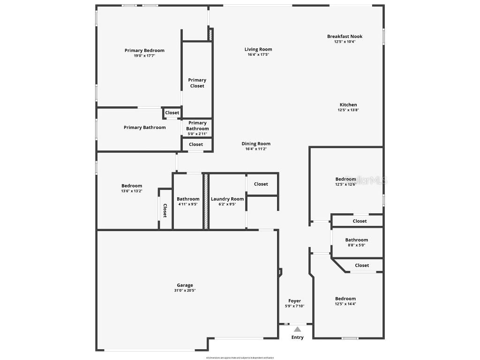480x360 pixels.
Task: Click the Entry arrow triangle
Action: [297, 329]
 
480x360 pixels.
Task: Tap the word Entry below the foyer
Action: [297, 337]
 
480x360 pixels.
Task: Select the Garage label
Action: [185, 285]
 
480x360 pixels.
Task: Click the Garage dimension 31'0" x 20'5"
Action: [185, 291]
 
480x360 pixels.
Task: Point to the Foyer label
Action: [294, 301]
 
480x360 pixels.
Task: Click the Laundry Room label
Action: [227, 199]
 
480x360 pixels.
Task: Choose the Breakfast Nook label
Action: [345, 37]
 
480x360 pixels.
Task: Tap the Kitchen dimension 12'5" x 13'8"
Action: [348, 110]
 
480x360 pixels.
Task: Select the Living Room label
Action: [258, 49]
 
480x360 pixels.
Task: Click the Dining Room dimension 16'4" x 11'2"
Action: [256, 149]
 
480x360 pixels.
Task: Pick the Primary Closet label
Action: [197, 83]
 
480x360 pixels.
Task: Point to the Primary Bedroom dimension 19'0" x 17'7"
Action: [144, 56]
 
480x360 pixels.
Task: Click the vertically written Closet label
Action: [165, 210]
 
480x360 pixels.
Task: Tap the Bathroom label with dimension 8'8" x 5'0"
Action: [357, 240]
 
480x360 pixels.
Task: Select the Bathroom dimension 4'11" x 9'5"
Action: [188, 204]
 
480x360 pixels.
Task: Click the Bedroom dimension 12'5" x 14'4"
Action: [345, 304]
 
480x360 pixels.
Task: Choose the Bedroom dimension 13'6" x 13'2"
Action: [131, 191]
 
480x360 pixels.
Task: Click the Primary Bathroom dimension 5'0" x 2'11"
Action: [197, 134]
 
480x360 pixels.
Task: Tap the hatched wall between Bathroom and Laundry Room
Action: [205, 202]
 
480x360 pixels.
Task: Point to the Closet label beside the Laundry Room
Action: [261, 184]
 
